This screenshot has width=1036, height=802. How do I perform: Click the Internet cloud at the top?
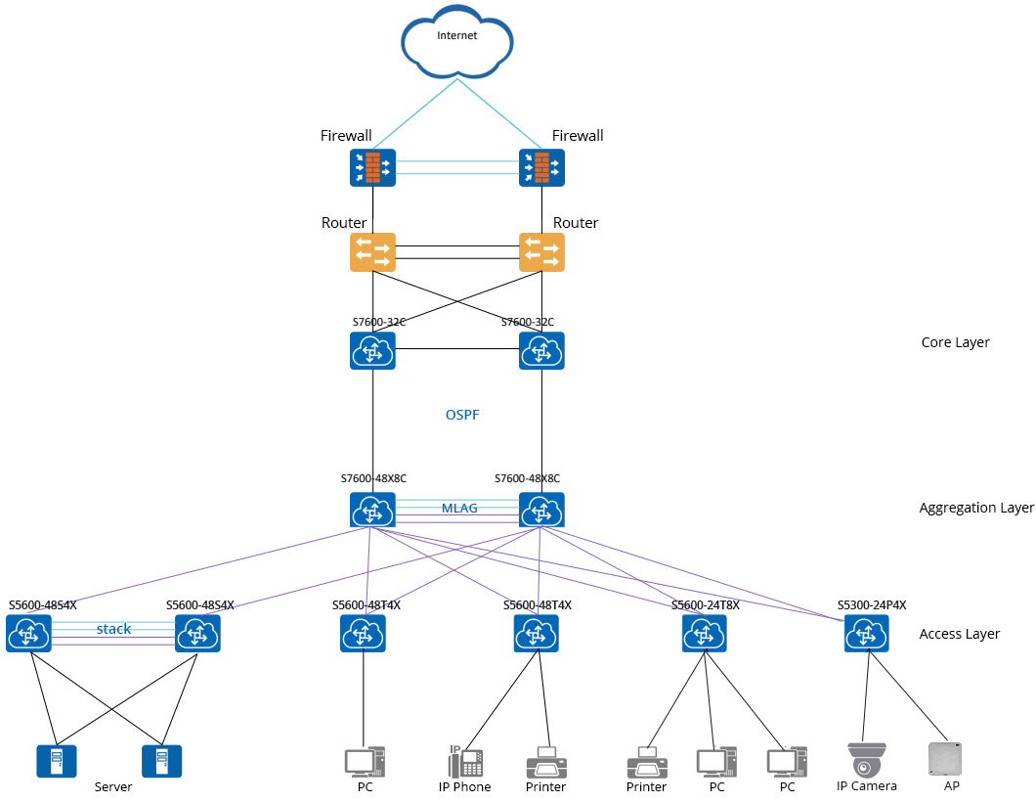click(x=457, y=39)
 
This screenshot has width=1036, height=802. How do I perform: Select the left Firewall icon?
click(x=372, y=168)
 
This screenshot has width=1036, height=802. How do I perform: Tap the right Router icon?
click(x=541, y=252)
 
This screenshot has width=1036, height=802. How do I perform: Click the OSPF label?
click(x=462, y=415)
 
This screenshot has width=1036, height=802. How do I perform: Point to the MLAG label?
click(x=459, y=509)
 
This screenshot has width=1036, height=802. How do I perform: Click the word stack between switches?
click(x=113, y=629)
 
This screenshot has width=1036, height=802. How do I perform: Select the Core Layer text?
click(x=955, y=342)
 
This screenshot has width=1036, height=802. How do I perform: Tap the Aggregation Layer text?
click(x=975, y=508)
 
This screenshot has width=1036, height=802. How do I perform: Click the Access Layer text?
click(x=959, y=634)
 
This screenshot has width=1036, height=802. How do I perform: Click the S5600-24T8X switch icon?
click(x=705, y=634)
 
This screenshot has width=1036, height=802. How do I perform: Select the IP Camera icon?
click(x=867, y=760)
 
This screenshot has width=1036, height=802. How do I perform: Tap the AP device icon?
click(x=945, y=759)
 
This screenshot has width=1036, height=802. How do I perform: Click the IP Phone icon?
click(x=464, y=762)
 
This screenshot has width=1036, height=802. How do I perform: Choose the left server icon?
click(x=57, y=761)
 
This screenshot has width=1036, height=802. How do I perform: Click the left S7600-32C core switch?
click(x=372, y=350)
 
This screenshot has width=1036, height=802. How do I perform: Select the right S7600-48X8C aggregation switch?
click(x=541, y=511)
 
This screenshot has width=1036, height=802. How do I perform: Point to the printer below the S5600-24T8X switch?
click(x=646, y=762)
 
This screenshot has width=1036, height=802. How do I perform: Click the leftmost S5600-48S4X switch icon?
click(x=28, y=635)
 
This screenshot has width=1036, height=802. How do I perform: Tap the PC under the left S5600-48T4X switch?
click(x=365, y=762)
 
